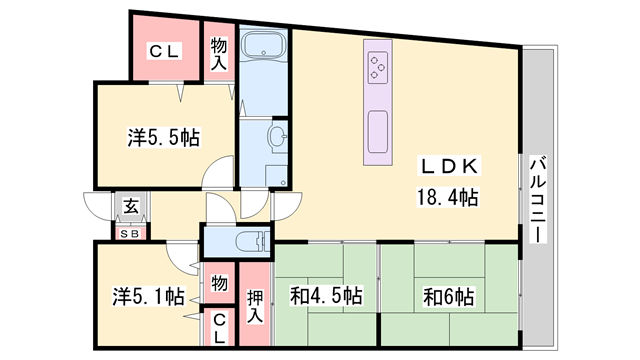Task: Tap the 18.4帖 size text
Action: [x=447, y=197]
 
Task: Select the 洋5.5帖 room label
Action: [x=162, y=138]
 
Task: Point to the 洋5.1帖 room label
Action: [x=147, y=296]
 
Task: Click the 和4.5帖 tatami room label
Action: [x=325, y=297]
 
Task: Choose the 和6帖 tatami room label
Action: [x=448, y=297]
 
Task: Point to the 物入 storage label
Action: [x=219, y=52]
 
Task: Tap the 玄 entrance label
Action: [x=130, y=208]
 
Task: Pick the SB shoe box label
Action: [x=130, y=234]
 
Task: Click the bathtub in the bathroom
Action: [x=264, y=46]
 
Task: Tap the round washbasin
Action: [x=276, y=139]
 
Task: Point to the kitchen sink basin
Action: [x=380, y=131]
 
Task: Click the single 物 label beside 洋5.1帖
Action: [x=219, y=283]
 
